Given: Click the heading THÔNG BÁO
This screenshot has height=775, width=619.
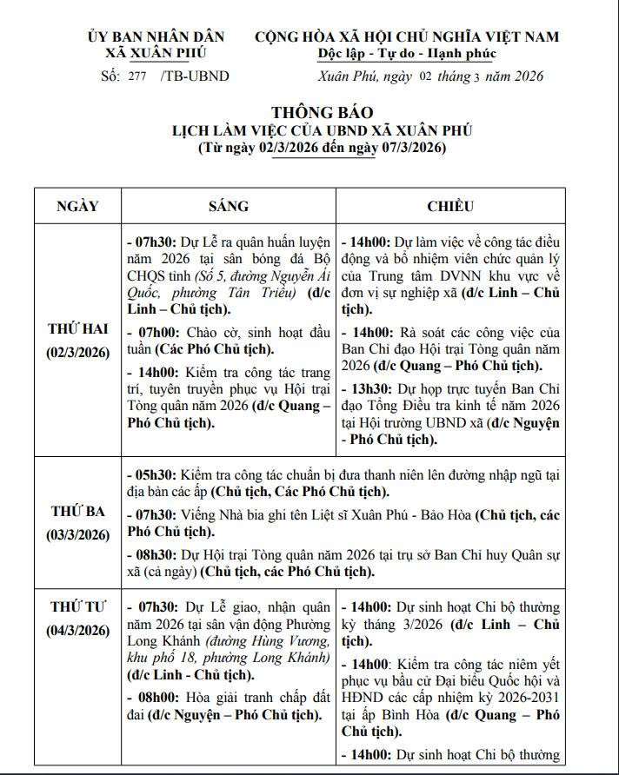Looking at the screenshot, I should tap(322, 113).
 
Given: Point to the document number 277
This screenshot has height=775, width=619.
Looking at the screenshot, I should tap(136, 76).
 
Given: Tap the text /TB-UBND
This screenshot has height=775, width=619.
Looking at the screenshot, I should tap(196, 76).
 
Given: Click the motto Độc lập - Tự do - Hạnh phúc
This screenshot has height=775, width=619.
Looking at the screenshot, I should tap(406, 54).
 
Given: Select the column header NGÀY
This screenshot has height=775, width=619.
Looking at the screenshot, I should tap(77, 207).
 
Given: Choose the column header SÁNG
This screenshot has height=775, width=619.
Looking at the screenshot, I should tap(228, 207).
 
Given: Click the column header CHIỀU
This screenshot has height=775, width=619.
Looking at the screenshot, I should tap(449, 207).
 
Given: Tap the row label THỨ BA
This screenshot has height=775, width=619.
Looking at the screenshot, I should tap(77, 511).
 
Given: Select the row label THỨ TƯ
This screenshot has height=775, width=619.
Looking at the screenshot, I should tap(77, 606).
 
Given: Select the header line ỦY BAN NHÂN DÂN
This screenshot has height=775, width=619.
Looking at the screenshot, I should tap(156, 36).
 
